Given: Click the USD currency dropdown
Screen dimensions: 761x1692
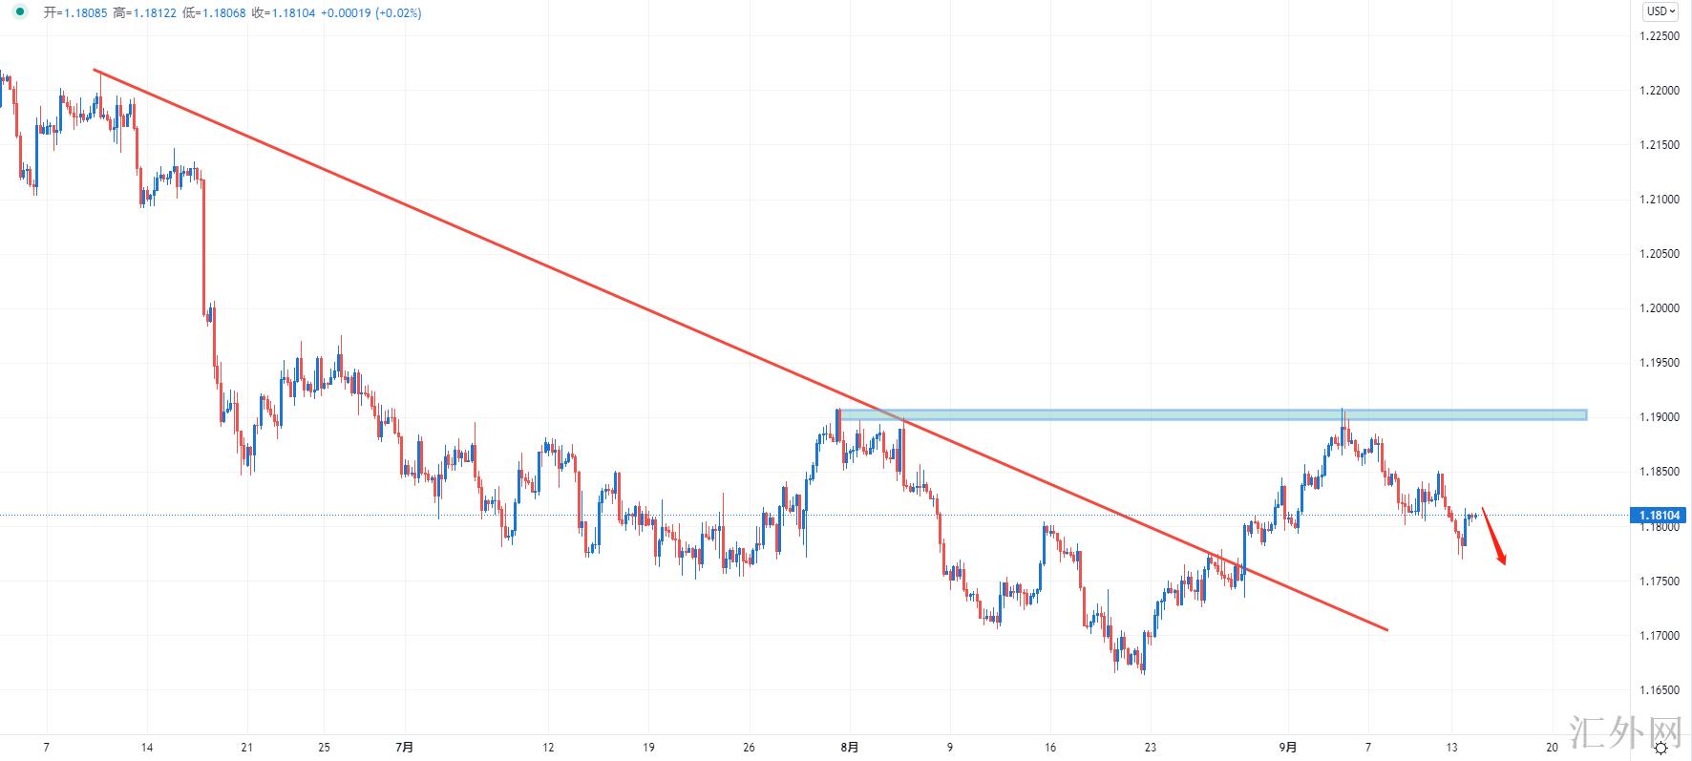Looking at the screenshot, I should pos(1660,11).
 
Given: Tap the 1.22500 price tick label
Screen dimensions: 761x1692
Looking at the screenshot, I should pos(1660,36).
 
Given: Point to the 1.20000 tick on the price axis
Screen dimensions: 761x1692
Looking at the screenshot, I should pos(1660,308).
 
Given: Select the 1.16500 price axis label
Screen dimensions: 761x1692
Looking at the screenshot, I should pos(1660,689).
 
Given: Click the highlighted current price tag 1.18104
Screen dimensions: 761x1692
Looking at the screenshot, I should pos(1660,516).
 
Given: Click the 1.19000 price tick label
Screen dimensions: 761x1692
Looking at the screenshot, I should pos(1660,417).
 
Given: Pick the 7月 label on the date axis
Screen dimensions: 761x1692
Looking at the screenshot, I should pos(404,747).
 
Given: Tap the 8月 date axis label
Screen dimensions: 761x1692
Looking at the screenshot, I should pos(849,747).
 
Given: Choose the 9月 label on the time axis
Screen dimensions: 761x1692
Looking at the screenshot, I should pos(1288,747).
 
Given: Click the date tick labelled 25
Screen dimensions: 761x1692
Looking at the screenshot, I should pos(324,747).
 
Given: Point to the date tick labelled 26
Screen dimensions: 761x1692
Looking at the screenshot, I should pos(749,747).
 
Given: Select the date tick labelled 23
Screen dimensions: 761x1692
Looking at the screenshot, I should pos(1150,747).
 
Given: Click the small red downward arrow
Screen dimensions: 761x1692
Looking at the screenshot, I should pos(1494,537).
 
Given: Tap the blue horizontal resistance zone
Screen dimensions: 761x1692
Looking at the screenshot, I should pos(1212,414).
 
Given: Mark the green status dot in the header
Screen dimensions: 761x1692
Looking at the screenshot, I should pos(20,12).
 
